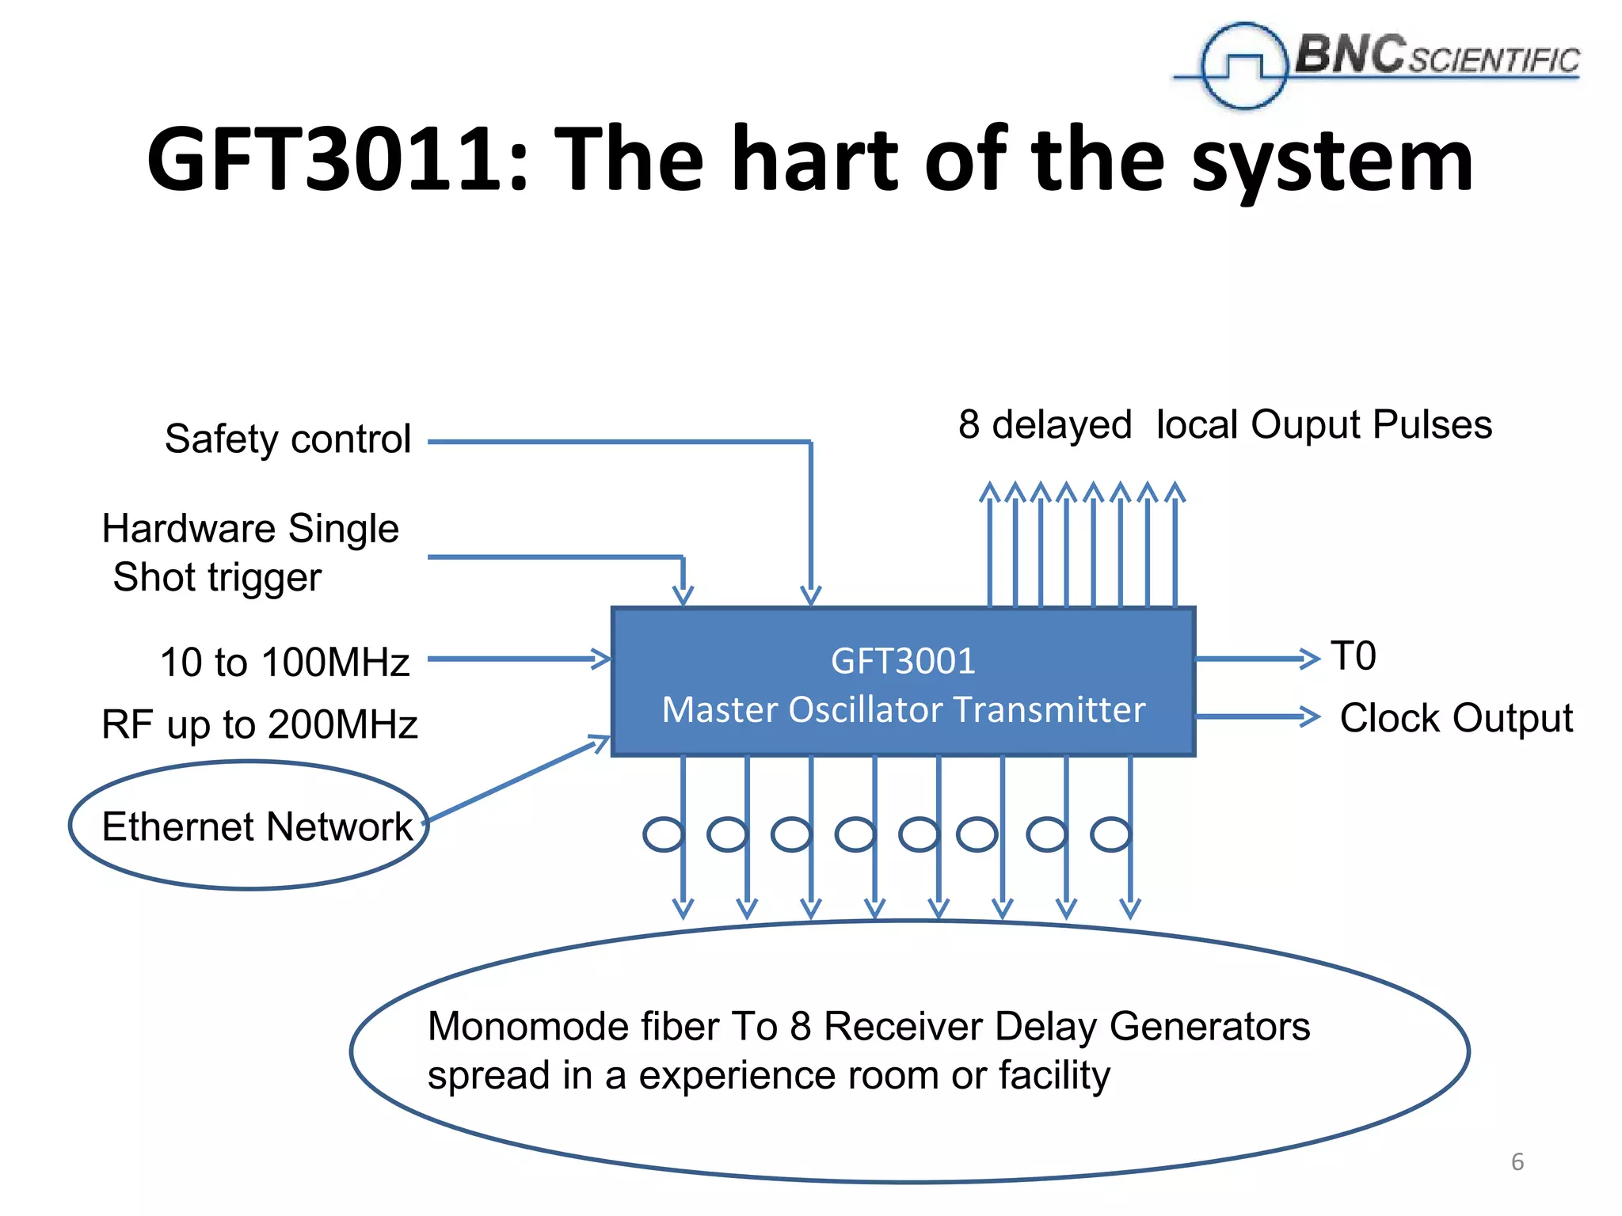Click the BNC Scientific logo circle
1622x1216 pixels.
point(1243,66)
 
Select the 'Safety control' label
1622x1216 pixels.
point(288,439)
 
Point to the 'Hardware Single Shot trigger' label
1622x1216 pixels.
point(250,552)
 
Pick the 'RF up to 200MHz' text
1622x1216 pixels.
point(260,724)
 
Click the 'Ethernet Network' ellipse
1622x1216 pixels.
point(249,825)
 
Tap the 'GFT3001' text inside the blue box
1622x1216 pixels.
point(903,660)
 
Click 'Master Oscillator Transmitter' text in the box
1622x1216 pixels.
point(903,709)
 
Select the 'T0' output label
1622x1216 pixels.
point(1354,656)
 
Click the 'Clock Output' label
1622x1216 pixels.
point(1456,718)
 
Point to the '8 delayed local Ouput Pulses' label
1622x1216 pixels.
point(1224,424)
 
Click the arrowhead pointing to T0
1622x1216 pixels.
point(1311,658)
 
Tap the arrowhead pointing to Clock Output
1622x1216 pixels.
point(1311,716)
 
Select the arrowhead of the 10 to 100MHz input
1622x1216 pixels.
point(601,659)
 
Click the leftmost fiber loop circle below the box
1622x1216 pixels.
point(663,834)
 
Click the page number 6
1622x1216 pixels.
point(1517,1161)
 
